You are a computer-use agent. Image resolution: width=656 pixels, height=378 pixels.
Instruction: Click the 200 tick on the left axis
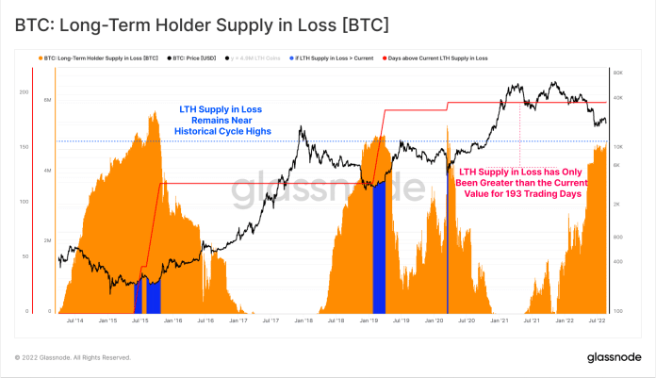click(24, 91)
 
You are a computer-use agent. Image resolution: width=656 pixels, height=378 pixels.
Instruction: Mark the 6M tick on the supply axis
click(47, 98)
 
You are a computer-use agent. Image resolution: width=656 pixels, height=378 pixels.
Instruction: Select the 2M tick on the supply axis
click(47, 241)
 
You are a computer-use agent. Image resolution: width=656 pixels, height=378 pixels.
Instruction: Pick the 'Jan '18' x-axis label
click(303, 321)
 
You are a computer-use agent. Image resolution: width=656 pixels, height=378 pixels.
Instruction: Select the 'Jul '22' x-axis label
click(596, 321)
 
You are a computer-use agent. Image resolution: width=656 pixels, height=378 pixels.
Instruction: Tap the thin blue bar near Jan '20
click(447, 236)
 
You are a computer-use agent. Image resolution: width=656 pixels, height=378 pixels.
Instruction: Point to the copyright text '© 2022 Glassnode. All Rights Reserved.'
click(73, 358)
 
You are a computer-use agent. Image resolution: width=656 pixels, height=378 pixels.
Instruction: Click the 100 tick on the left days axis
click(24, 202)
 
